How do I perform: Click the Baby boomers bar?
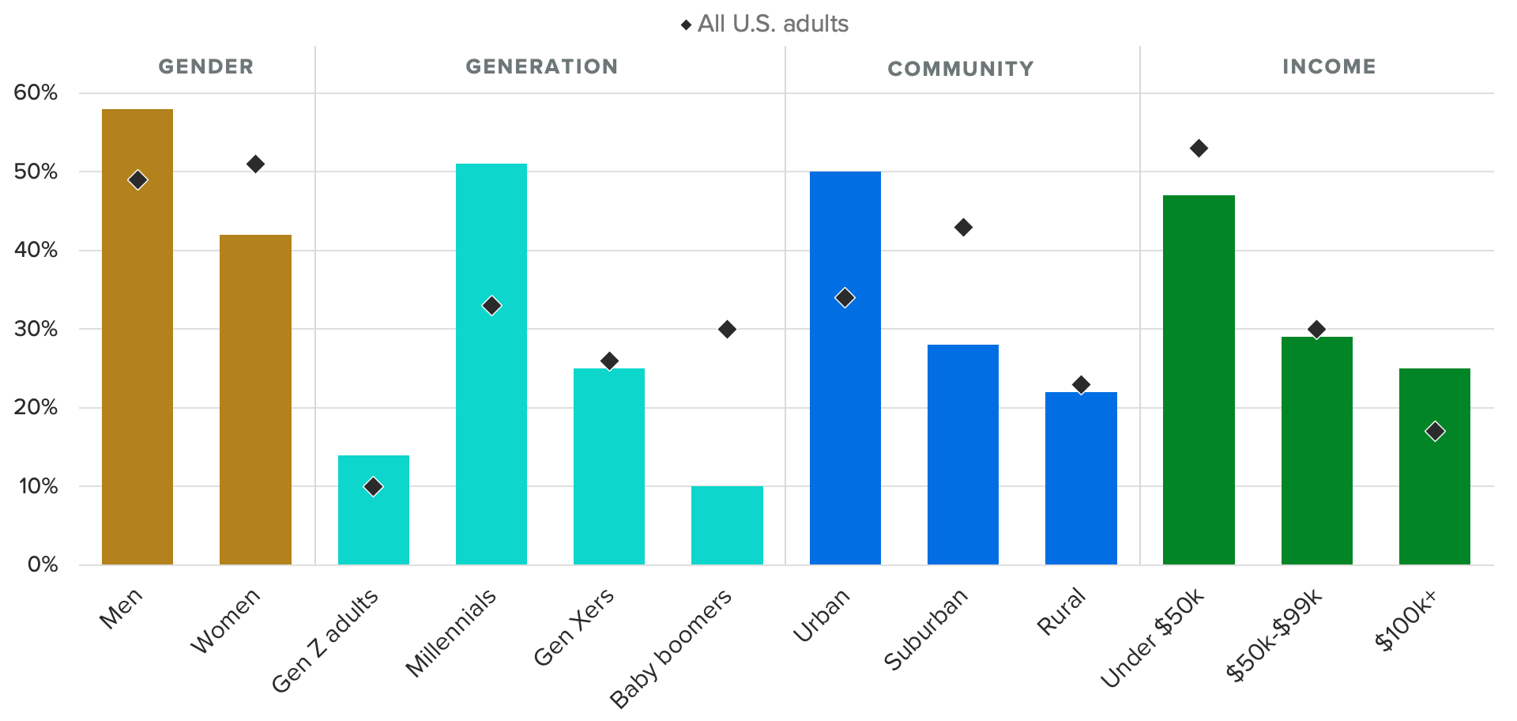click(x=727, y=525)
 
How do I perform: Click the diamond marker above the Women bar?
click(x=255, y=164)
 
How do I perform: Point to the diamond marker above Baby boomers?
click(x=727, y=329)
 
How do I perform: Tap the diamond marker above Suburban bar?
click(x=963, y=228)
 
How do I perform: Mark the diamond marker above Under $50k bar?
click(x=1199, y=149)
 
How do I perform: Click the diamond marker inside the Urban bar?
click(x=845, y=298)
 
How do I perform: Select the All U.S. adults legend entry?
click(x=765, y=24)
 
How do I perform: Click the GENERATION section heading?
click(x=541, y=66)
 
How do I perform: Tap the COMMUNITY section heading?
click(x=960, y=69)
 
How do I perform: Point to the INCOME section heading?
click(x=1329, y=66)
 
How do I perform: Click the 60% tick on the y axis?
click(x=36, y=92)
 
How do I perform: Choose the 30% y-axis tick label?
click(x=36, y=329)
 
